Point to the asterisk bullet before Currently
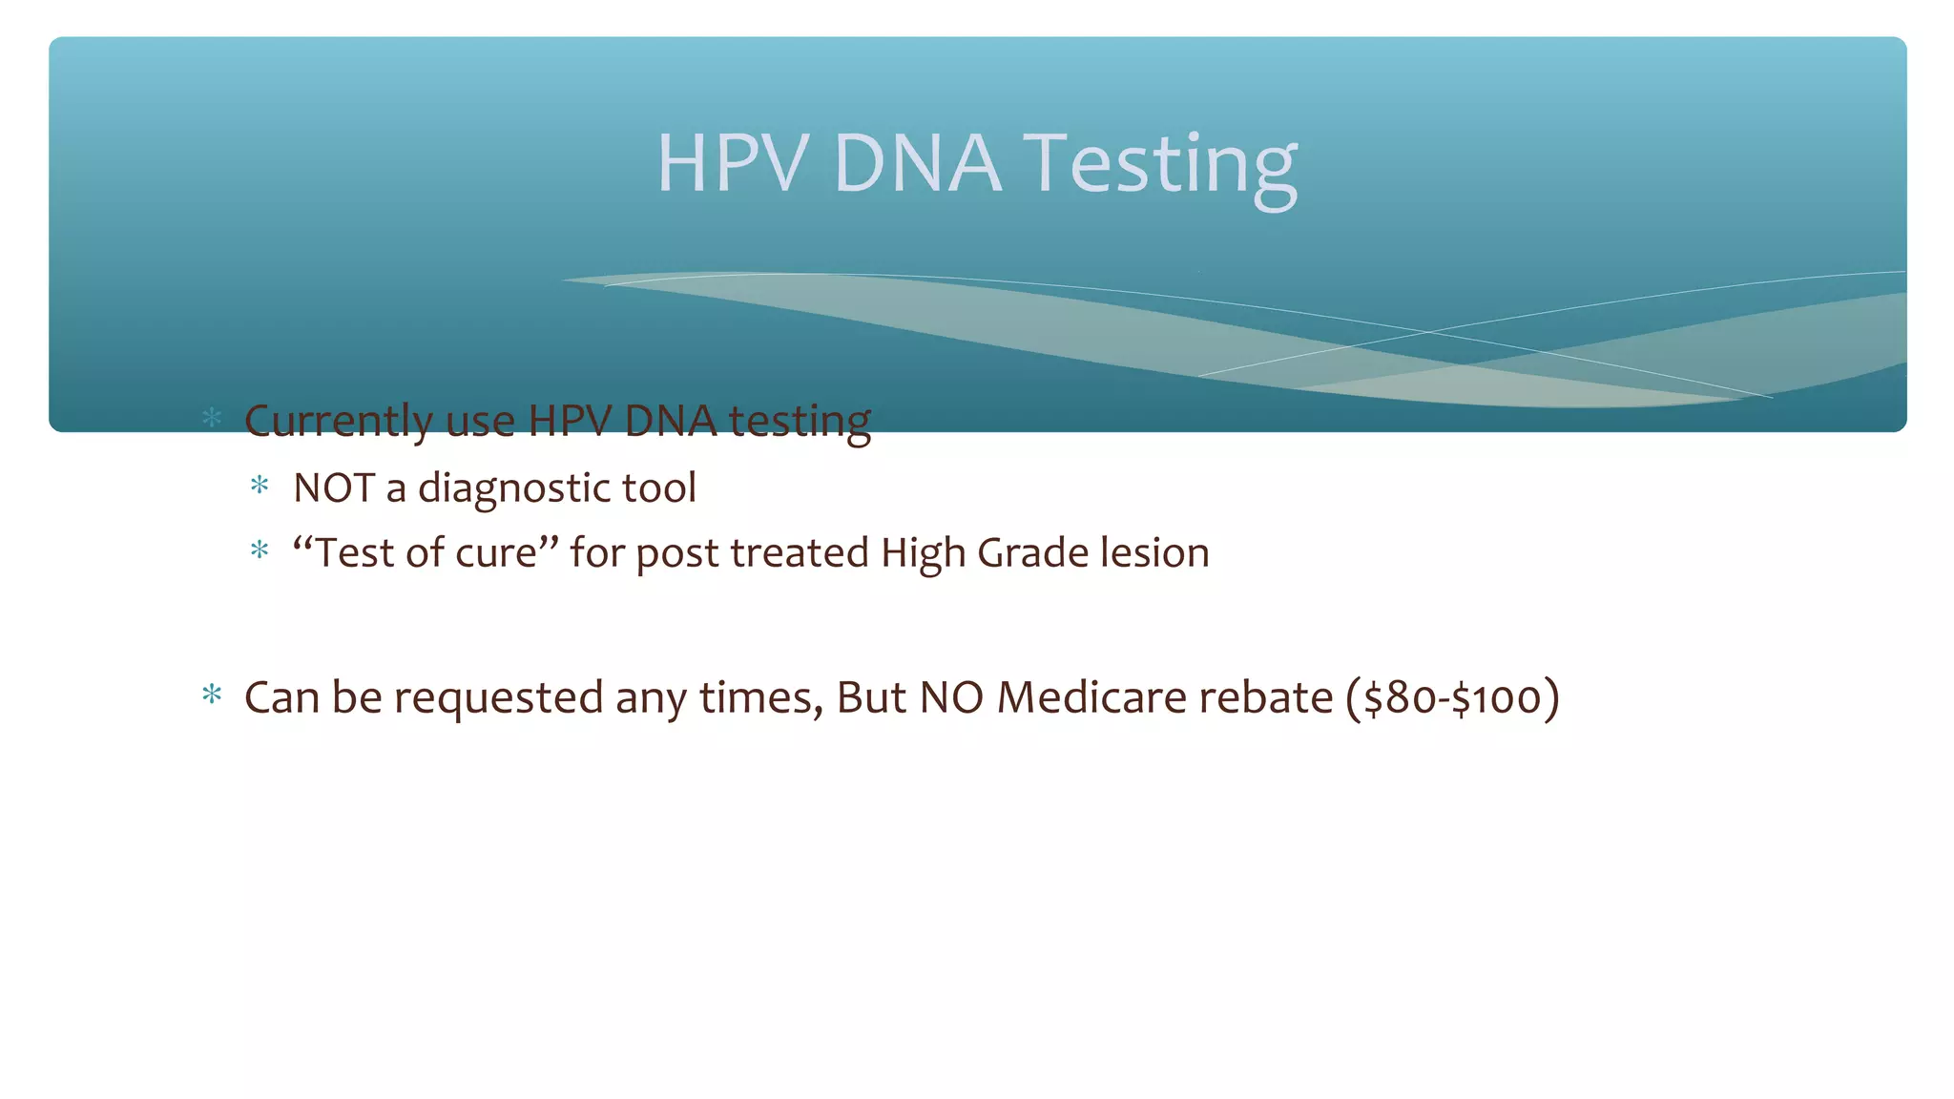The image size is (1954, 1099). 212,418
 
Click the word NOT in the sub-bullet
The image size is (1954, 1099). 334,488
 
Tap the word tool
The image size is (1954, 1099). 659,488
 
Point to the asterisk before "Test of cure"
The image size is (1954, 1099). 260,551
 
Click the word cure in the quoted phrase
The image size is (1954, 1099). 501,553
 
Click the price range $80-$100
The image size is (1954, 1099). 1452,698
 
